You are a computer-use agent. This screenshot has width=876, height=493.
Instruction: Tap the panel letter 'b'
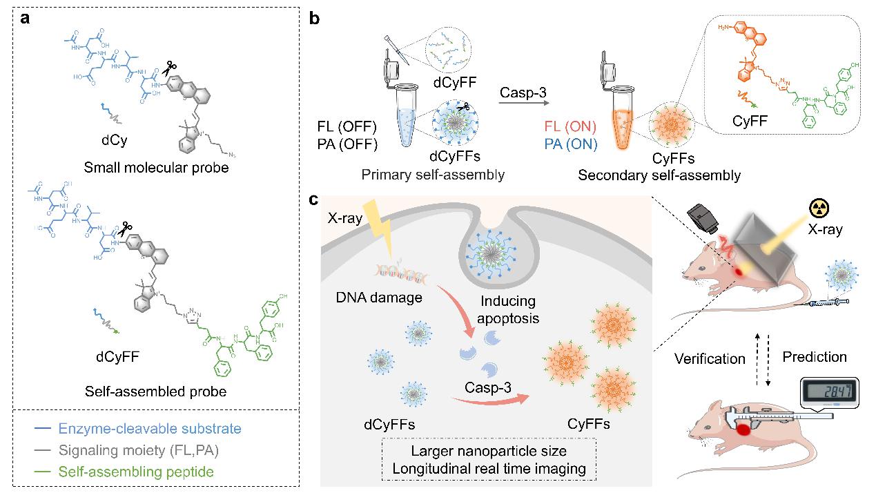point(314,19)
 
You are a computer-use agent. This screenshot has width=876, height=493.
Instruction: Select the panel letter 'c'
point(314,200)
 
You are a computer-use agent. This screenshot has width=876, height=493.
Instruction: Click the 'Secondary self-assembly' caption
point(659,175)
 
